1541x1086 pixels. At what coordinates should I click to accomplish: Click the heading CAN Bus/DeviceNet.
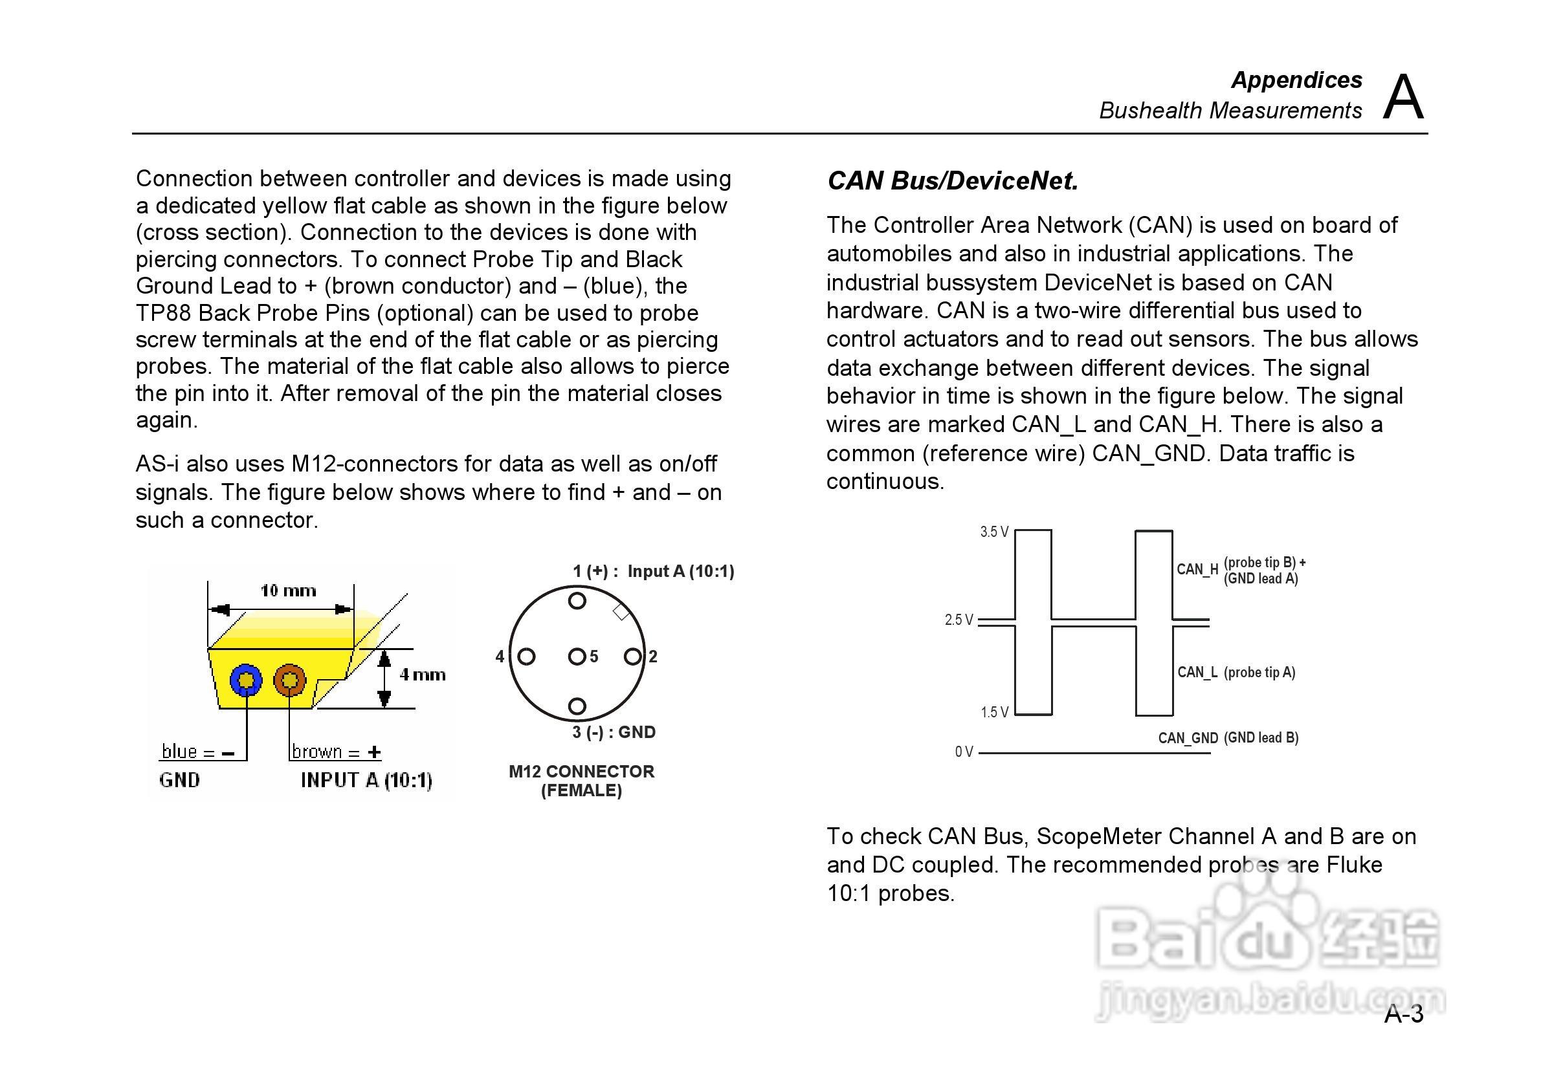coord(953,181)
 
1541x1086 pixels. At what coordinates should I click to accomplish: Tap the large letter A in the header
coord(1402,97)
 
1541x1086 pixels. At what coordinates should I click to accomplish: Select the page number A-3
coord(1403,1014)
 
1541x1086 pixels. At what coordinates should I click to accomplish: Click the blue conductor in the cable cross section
coord(246,681)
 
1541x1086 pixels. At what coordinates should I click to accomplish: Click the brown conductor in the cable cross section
coord(289,681)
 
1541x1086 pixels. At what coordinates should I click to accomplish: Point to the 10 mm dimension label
coord(288,591)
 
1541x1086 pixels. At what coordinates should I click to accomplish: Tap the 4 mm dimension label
coord(422,675)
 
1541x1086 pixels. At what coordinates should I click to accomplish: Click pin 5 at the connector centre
coord(577,657)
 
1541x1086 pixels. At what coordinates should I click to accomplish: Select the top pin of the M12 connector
coord(577,601)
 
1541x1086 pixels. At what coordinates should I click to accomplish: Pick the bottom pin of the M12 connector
coord(577,706)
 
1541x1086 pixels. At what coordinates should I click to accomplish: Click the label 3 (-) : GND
coord(614,732)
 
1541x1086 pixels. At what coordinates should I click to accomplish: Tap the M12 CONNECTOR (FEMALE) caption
coord(581,781)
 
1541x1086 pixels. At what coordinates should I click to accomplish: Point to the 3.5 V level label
coord(994,532)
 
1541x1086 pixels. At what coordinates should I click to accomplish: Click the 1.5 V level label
coord(994,712)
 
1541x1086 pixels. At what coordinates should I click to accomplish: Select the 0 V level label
coord(964,752)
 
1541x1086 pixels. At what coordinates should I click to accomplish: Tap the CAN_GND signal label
coord(1187,739)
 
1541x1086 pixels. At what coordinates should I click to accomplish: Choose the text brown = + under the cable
coord(337,752)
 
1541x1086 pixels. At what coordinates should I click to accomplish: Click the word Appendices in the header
coord(1296,80)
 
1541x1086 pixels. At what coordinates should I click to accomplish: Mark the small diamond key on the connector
coord(621,613)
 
